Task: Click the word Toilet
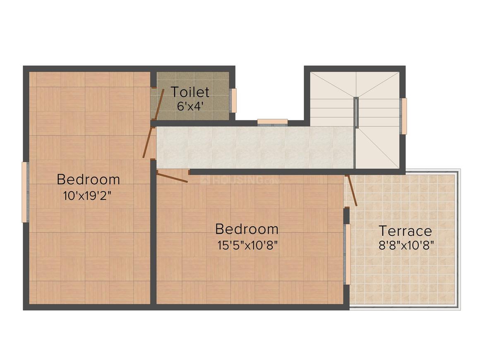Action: [x=190, y=92]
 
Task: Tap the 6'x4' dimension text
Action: [x=190, y=105]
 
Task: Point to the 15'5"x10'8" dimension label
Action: [x=247, y=245]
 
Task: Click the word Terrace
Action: [x=405, y=230]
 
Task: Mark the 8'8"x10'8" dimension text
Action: [x=406, y=245]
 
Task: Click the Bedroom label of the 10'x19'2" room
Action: [x=88, y=180]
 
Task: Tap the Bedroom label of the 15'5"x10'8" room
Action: [x=247, y=229]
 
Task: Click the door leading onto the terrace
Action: [x=352, y=190]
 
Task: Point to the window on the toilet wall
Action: [x=233, y=101]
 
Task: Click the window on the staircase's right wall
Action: [x=404, y=116]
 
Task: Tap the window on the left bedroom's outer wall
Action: [x=25, y=192]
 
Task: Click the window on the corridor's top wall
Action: [x=272, y=122]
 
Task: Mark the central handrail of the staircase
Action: [x=356, y=112]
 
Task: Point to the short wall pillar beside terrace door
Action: [x=347, y=216]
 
